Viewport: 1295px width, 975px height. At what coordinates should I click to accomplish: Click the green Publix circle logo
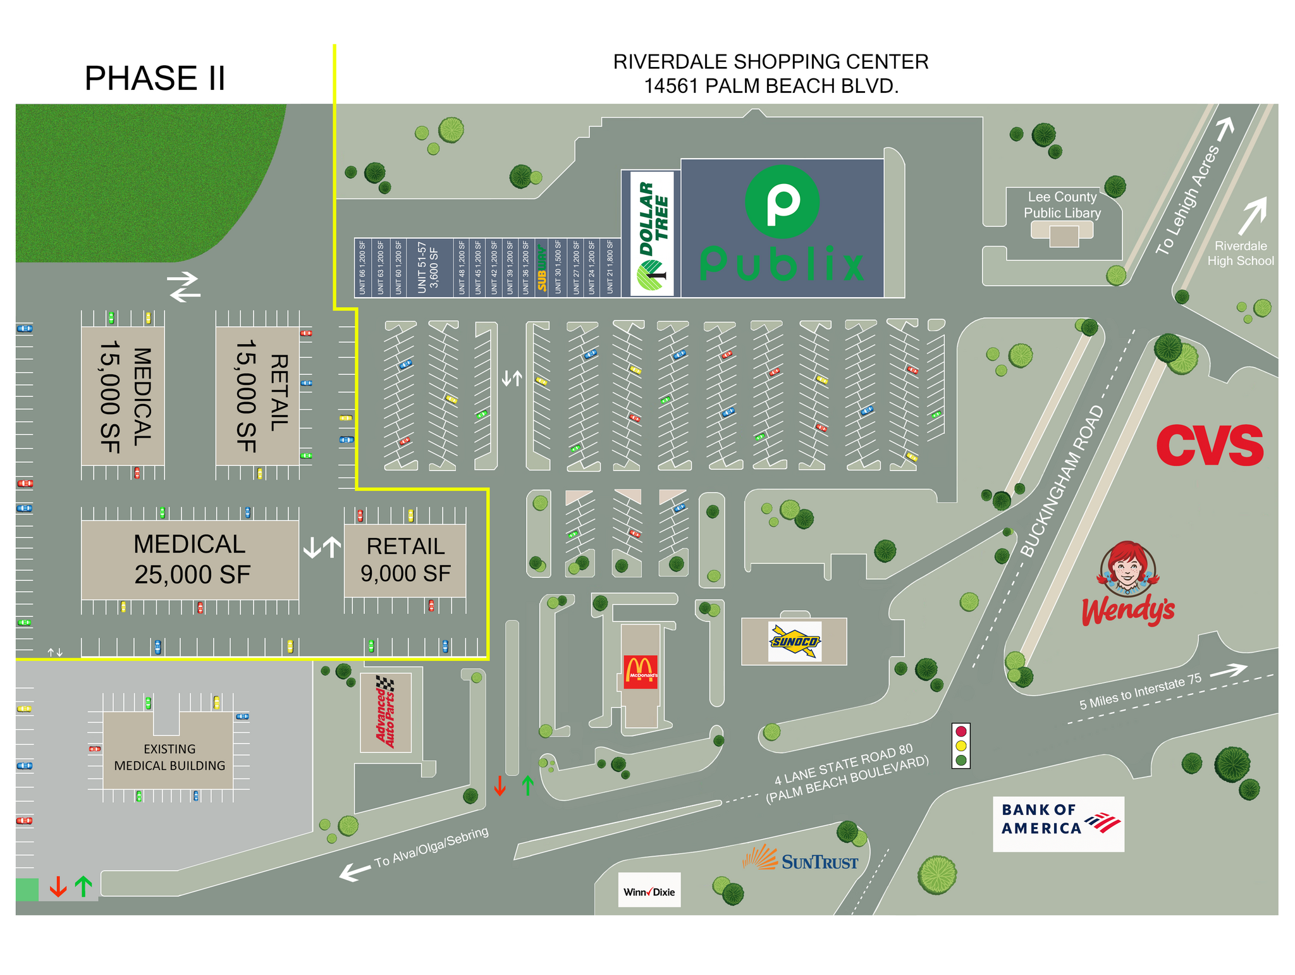(782, 202)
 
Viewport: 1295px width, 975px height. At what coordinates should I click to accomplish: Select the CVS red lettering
(1209, 446)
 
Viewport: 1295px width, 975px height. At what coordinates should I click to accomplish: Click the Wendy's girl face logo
(1127, 568)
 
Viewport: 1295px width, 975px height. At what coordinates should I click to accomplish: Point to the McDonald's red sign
(641, 671)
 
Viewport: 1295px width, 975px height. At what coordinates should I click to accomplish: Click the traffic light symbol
(961, 745)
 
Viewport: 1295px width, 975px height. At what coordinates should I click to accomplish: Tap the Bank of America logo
(1058, 823)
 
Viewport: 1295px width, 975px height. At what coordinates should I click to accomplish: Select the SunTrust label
(802, 861)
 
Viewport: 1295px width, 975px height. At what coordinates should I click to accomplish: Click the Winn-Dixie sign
(649, 892)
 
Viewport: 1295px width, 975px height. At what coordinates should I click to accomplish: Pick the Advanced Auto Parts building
(386, 713)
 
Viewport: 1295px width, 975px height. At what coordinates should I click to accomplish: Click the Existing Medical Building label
(169, 757)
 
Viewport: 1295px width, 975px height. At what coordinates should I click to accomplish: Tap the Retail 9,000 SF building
(405, 560)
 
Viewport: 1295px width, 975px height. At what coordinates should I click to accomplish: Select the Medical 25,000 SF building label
(191, 560)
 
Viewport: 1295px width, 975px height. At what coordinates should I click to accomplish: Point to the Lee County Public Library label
(1062, 205)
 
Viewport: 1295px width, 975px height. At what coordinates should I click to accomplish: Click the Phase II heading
(155, 78)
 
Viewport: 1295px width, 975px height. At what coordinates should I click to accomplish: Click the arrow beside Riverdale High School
(1253, 216)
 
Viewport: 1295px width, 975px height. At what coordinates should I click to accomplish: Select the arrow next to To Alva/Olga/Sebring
(355, 873)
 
